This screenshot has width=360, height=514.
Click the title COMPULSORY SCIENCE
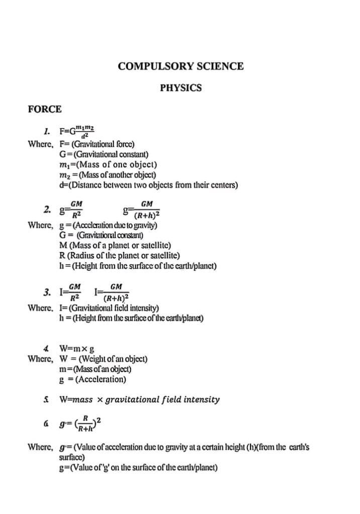click(181, 66)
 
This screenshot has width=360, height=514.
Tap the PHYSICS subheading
click(181, 88)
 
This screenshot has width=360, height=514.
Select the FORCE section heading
click(45, 109)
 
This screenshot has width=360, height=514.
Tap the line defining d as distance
click(148, 185)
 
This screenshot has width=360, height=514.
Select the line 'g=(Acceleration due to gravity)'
click(108, 225)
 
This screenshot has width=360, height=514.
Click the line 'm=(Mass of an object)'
click(95, 369)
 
